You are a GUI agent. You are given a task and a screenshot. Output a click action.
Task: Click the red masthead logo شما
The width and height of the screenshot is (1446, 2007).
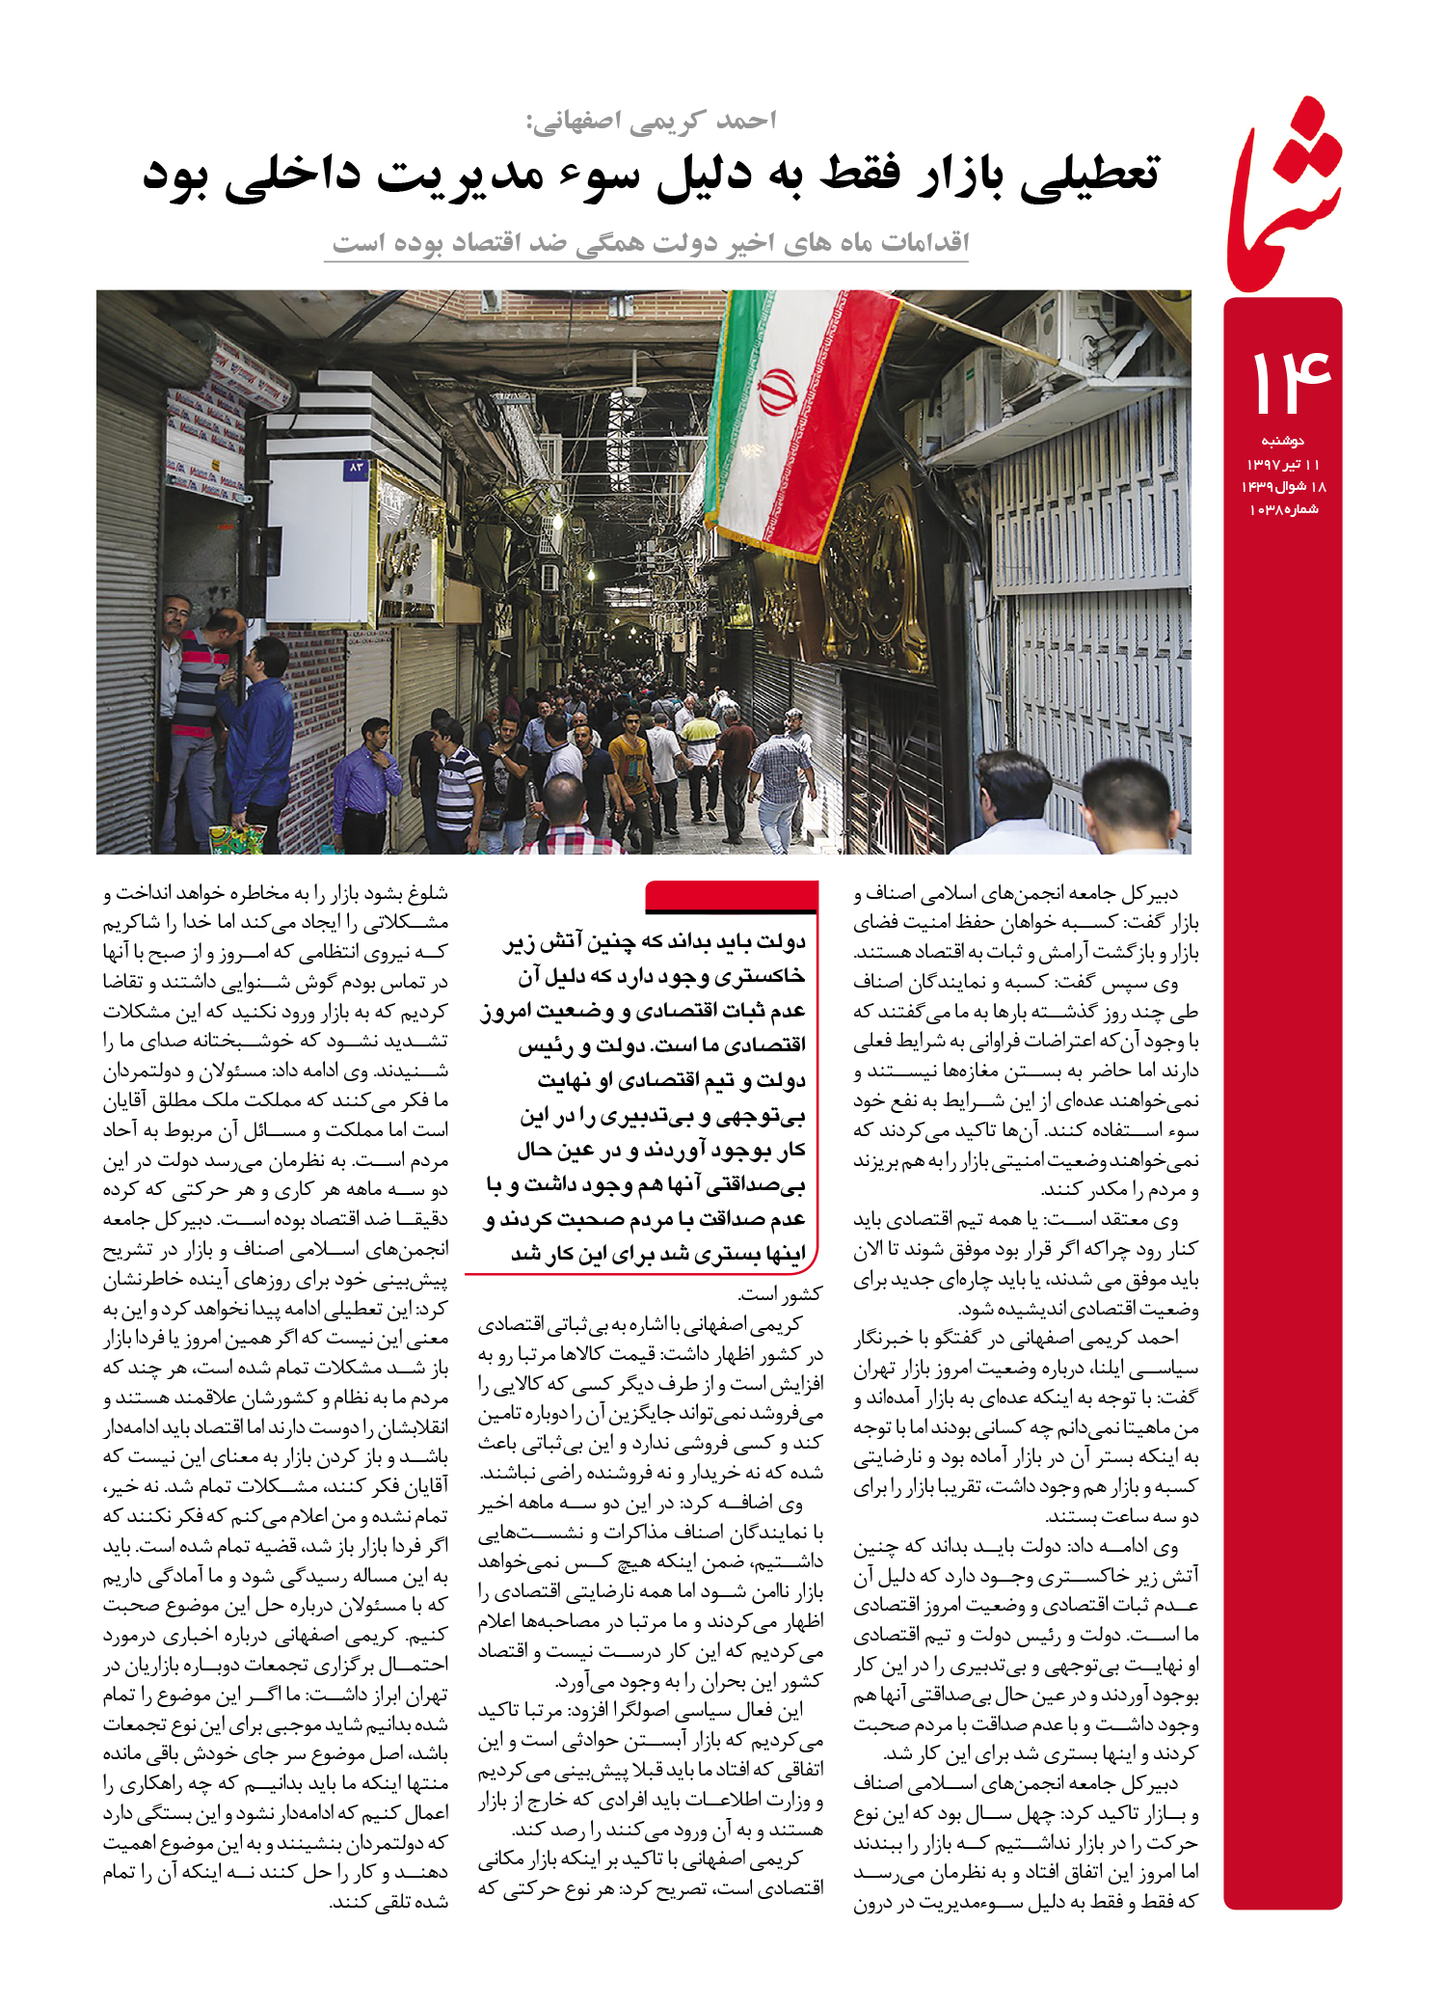point(1283,193)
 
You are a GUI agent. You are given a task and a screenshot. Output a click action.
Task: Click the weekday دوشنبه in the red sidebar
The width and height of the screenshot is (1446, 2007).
point(1282,441)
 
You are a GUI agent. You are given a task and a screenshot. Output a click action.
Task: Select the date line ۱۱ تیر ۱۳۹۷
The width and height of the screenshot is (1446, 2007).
point(1282,464)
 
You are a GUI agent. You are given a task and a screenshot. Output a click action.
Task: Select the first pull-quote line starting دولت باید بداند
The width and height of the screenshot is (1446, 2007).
point(655,941)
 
